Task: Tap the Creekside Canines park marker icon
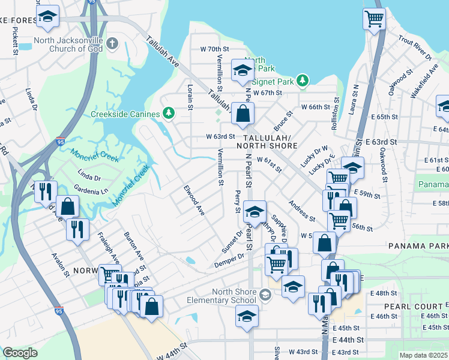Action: [169, 113]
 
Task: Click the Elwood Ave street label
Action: [194, 201]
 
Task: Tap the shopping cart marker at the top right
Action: [374, 19]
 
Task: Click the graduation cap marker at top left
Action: [47, 17]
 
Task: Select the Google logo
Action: [20, 353]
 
